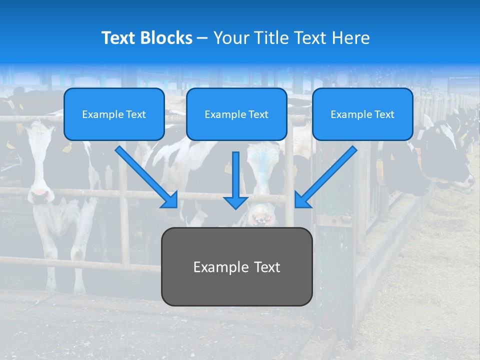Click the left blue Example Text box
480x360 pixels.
tap(114, 114)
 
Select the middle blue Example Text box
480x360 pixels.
tap(236, 114)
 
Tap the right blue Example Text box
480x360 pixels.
tap(362, 114)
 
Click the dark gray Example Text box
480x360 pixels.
tap(236, 267)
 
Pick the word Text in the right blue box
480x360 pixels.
tap(384, 114)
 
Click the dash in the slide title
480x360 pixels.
tap(202, 38)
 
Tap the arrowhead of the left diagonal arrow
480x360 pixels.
tap(170, 200)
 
